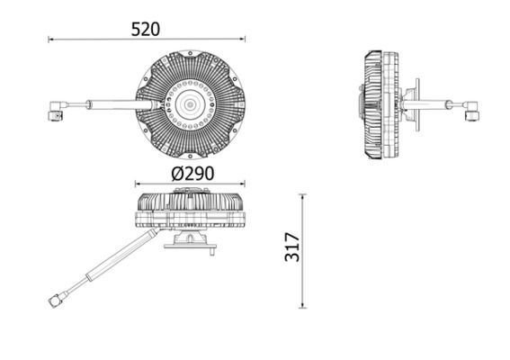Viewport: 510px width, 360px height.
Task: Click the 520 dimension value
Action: tap(145, 29)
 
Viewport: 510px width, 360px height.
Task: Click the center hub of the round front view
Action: tap(190, 104)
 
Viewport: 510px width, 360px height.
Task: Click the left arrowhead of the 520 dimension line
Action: tap(51, 40)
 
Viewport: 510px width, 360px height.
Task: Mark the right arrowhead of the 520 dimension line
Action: tap(241, 40)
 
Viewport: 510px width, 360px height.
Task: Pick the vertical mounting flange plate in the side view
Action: tap(415, 104)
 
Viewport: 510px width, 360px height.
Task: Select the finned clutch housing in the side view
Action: tap(378, 104)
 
